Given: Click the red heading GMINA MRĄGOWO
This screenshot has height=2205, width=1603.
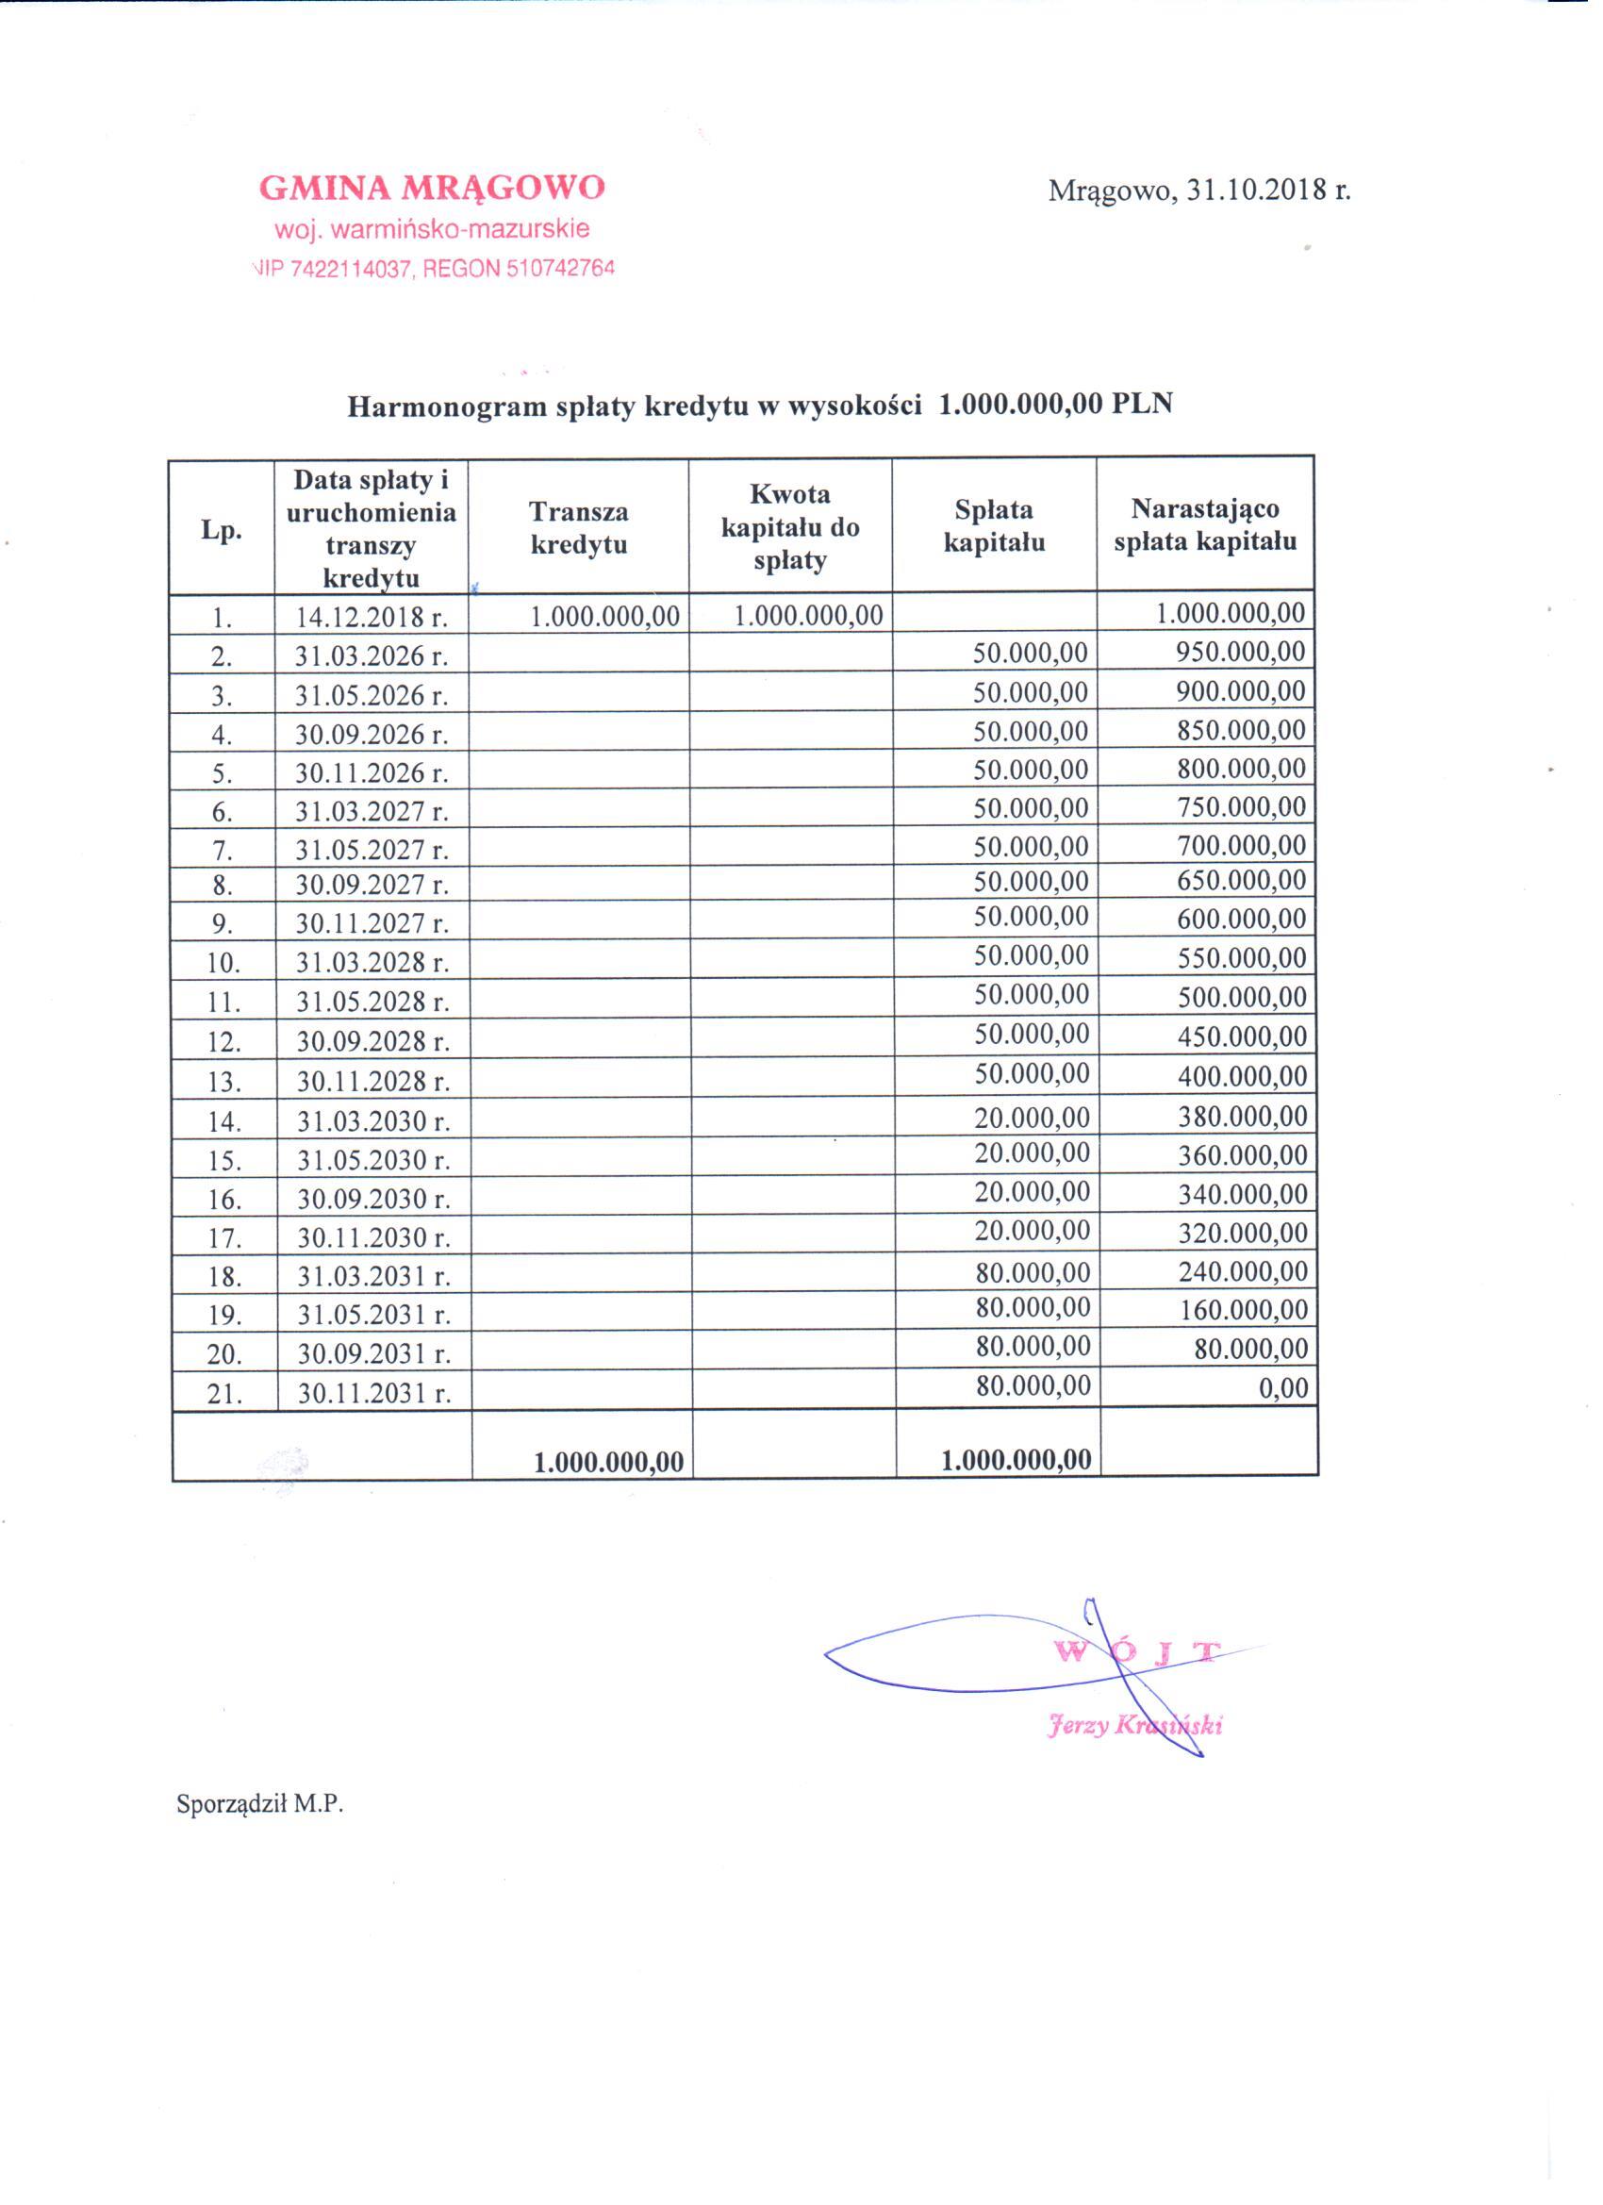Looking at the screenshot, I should coord(432,188).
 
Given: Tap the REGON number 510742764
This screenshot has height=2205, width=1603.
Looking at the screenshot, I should coord(560,270).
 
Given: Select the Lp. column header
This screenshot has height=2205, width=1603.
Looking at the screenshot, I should coord(221,530).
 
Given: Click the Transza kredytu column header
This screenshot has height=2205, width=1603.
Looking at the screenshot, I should coord(578,528).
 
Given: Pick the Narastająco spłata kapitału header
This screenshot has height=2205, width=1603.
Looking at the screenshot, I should coord(1204,525).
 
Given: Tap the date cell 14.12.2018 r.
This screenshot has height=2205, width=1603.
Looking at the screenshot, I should coord(372,618).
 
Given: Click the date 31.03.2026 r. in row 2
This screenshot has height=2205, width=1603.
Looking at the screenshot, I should coord(372,656).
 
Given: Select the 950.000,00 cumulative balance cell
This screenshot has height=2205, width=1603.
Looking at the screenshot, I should coord(1239,652).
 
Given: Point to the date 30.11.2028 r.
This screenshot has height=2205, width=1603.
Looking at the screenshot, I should coord(372,1081).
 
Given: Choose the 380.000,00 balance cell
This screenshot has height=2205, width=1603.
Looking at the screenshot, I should coord(1243,1116).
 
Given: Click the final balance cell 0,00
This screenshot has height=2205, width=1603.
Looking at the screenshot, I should coord(1283,1388).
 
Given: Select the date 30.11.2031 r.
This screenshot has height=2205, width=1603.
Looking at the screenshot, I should coord(374,1393).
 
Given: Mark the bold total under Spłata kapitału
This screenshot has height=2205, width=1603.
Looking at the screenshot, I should coord(1016,1459).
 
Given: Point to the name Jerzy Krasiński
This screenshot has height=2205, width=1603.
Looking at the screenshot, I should coord(1133,1725).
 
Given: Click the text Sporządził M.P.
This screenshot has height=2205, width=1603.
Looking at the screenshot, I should coord(259,1804).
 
